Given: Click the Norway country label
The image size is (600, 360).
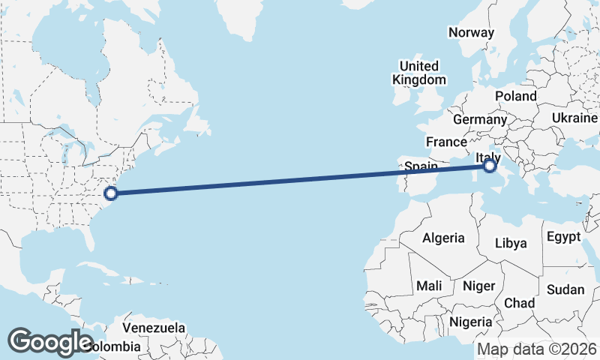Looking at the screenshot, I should pyautogui.click(x=471, y=32).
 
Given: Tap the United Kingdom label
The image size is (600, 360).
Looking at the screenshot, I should pyautogui.click(x=420, y=73).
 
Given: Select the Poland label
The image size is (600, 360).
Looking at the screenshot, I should pyautogui.click(x=515, y=97).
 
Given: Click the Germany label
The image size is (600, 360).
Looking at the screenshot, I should pyautogui.click(x=480, y=119).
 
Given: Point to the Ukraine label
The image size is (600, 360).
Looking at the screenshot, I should pyautogui.click(x=574, y=118).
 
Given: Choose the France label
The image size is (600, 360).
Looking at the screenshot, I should pyautogui.click(x=446, y=142).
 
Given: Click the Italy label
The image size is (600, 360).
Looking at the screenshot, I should pyautogui.click(x=488, y=155).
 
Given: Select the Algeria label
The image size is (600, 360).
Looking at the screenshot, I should pyautogui.click(x=443, y=238).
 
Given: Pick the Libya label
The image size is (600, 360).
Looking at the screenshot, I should pyautogui.click(x=511, y=243).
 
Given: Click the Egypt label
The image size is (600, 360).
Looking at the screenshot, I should pyautogui.click(x=563, y=237).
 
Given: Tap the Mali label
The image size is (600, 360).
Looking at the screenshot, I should pyautogui.click(x=429, y=286).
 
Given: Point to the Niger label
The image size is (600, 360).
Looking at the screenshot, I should pyautogui.click(x=478, y=286).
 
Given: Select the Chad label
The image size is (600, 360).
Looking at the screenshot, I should pyautogui.click(x=519, y=303).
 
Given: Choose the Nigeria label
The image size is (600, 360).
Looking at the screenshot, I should pyautogui.click(x=470, y=322).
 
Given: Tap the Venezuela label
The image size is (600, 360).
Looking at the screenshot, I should pyautogui.click(x=154, y=328).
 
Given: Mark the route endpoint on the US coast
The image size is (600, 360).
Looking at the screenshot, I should pyautogui.click(x=111, y=193).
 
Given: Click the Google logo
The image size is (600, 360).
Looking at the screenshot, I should pyautogui.click(x=50, y=341).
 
